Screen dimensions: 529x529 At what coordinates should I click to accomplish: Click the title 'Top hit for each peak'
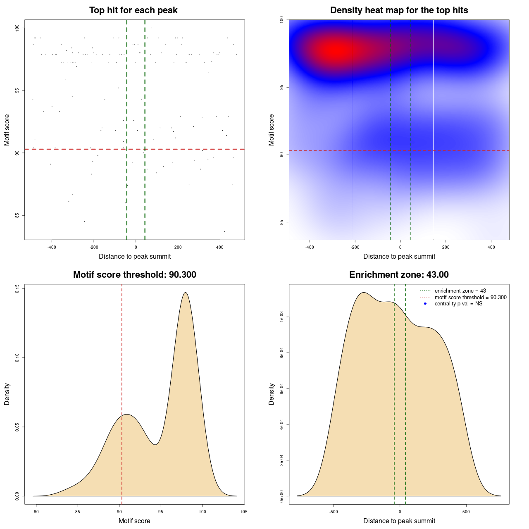point(133,10)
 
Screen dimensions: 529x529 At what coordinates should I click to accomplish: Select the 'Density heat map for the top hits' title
point(399,10)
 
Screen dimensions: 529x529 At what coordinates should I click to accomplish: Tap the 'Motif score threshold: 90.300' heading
point(134,275)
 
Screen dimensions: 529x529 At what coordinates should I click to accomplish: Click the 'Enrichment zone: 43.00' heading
point(399,275)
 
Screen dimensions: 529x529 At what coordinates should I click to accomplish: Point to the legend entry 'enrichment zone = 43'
point(460,291)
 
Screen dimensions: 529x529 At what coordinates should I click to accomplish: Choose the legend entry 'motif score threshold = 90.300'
point(470,298)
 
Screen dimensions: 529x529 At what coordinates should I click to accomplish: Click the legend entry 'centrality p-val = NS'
point(458,304)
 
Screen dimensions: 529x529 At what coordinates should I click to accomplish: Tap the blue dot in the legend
point(425,304)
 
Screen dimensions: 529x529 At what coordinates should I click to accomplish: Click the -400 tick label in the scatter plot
point(52,247)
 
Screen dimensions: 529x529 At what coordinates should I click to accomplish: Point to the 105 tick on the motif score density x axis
point(244,512)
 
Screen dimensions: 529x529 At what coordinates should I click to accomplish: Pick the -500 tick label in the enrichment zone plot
point(334,512)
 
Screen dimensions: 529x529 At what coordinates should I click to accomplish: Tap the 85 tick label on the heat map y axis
point(281,222)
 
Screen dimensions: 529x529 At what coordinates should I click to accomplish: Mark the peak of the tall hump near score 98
point(186,293)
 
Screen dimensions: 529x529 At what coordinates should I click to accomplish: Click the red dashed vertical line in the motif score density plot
point(122,393)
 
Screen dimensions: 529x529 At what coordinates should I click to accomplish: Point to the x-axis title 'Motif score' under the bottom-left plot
point(134,521)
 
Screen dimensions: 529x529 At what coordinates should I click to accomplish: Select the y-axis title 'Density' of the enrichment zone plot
point(272,394)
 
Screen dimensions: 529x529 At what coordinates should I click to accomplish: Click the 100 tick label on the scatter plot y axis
point(17,28)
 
